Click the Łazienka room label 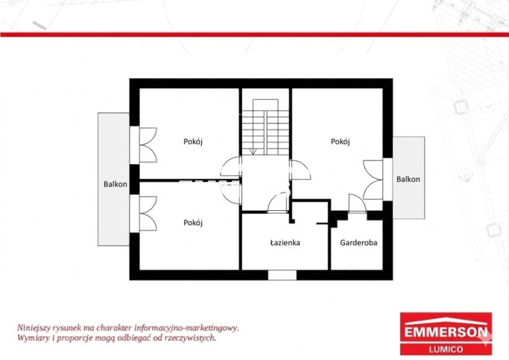coord(285,242)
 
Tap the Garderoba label coord(358,242)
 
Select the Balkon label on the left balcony coord(116,184)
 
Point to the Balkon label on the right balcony coord(408,179)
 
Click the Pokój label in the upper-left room coord(193,142)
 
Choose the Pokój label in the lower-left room coord(193,223)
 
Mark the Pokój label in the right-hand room coord(340,142)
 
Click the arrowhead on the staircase coord(253,151)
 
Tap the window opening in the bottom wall coord(282,275)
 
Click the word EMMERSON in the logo coord(446,332)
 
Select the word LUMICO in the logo coord(446,350)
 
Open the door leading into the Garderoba coord(358,203)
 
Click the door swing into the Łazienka coord(278,202)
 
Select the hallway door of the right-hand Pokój coord(300,170)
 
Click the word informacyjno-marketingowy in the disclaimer coord(186,328)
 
